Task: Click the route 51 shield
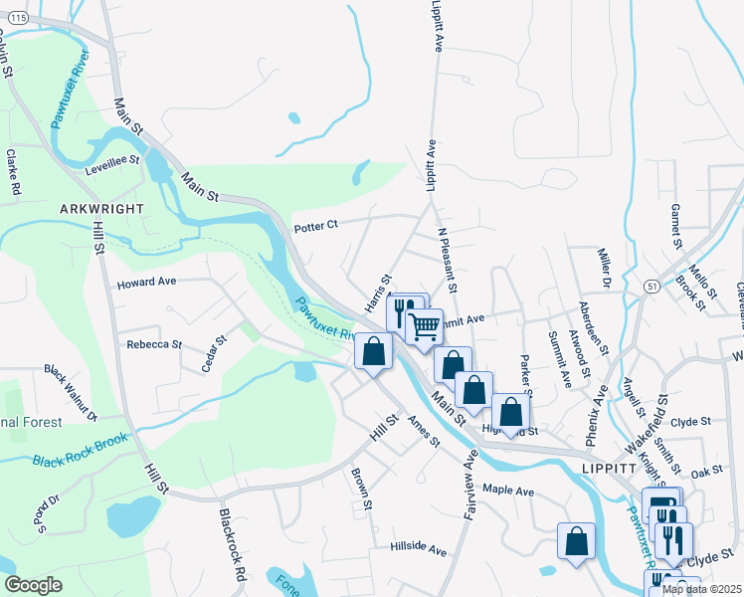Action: point(651,286)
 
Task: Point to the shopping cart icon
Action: point(424,324)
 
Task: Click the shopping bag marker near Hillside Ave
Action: point(576,541)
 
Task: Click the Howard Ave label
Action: point(146,283)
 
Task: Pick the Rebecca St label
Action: point(154,345)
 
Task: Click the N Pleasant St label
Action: point(447,260)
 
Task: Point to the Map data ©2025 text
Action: point(700,589)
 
